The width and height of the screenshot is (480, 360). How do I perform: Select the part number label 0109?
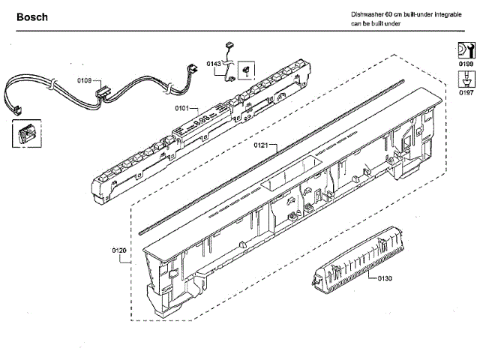(x=85, y=79)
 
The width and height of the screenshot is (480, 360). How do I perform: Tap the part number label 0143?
(x=213, y=64)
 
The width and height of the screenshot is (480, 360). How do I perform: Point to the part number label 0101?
(x=182, y=108)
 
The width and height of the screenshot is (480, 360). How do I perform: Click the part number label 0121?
(x=261, y=144)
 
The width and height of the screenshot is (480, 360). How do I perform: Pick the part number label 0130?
(x=385, y=279)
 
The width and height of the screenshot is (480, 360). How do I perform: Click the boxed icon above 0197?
(x=465, y=79)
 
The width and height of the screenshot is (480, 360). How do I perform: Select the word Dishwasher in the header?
(x=367, y=15)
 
